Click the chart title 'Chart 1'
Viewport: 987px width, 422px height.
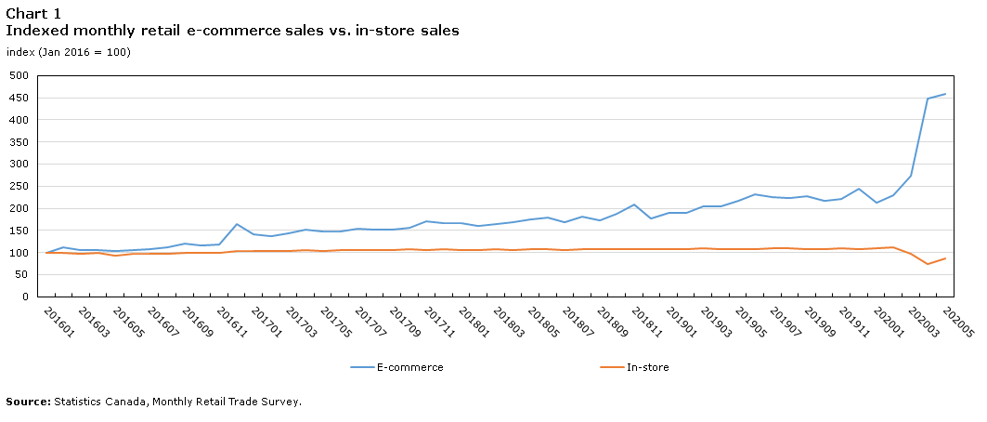pyautogui.click(x=33, y=13)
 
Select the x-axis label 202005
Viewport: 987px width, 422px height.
pyautogui.click(x=955, y=322)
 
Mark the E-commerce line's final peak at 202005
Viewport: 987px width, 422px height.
pyautogui.click(x=945, y=94)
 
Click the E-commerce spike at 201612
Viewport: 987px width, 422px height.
pyautogui.click(x=237, y=224)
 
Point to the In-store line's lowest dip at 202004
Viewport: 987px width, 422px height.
pyautogui.click(x=928, y=264)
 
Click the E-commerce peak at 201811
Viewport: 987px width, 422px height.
pyautogui.click(x=634, y=204)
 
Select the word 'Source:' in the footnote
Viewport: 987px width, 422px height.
pyautogui.click(x=28, y=402)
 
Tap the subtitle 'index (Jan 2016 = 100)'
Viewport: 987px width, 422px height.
pyautogui.click(x=68, y=52)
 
